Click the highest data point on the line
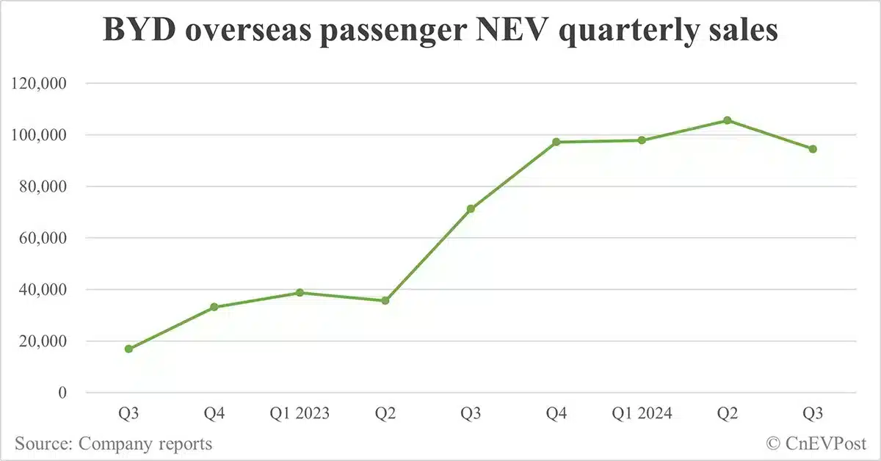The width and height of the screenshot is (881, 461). (727, 120)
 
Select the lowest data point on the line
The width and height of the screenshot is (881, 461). (128, 349)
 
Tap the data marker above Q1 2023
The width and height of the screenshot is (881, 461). (300, 293)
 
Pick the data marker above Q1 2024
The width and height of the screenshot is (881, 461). (642, 140)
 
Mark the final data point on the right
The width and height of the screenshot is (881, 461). (813, 149)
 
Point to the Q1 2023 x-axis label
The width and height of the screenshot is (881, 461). (300, 414)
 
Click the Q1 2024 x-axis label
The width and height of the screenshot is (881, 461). (642, 414)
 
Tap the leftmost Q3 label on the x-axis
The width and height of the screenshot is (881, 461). (128, 414)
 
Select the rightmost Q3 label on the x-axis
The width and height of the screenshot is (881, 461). (813, 414)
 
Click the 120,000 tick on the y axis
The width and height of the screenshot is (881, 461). (41, 84)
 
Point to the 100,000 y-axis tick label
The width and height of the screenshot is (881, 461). (41, 135)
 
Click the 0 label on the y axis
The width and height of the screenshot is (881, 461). (62, 393)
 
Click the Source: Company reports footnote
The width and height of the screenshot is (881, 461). (113, 443)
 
